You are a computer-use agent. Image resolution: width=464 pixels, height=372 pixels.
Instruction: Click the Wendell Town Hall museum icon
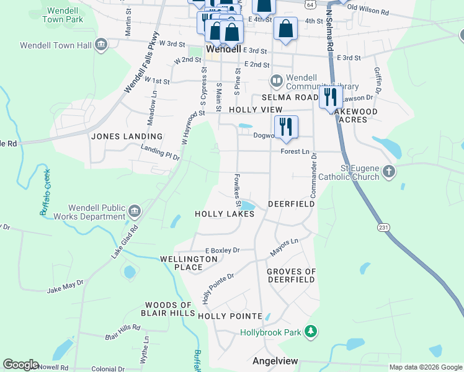click(x=100, y=45)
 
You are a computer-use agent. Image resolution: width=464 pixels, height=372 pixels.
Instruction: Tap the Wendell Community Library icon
click(x=276, y=81)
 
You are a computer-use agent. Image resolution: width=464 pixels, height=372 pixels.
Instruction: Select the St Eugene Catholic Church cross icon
click(x=389, y=171)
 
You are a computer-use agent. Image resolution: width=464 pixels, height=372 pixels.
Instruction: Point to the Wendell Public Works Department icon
click(x=134, y=212)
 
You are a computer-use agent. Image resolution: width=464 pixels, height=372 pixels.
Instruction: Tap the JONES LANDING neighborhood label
click(x=127, y=136)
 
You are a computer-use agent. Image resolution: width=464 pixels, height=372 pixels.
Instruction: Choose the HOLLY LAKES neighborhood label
click(x=225, y=214)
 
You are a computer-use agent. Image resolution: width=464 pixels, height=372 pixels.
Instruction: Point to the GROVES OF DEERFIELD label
click(x=292, y=275)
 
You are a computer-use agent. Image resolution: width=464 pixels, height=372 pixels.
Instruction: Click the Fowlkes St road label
click(x=238, y=190)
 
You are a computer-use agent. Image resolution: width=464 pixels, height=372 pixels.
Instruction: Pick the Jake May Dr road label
click(x=65, y=286)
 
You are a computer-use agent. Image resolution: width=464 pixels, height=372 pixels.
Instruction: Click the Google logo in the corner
click(x=20, y=365)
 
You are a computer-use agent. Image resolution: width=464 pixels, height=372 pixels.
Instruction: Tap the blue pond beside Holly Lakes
click(x=248, y=206)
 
